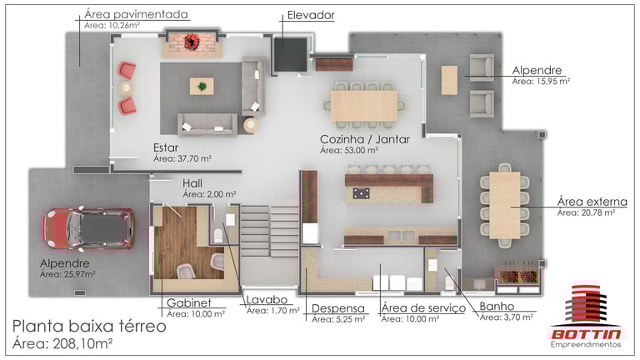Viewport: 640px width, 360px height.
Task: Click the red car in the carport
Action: pos(89,228)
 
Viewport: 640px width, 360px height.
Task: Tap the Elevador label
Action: pos(311,16)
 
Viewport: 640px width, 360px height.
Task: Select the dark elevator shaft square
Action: pos(290,54)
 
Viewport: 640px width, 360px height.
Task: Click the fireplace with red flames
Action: pos(192,42)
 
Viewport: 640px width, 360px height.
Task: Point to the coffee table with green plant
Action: pos(202,86)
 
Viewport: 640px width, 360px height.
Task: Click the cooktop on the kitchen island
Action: pos(361,193)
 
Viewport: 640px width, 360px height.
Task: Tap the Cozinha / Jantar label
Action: pos(365,139)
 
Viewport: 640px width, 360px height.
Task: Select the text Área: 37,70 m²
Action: pos(182,158)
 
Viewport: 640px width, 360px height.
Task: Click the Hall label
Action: pos(192,183)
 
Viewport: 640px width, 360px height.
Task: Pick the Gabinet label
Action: pos(189,302)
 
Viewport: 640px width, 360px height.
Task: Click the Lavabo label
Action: pos(267,300)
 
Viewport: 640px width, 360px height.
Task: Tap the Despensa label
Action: pos(338,308)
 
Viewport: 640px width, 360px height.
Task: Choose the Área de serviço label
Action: pos(423,308)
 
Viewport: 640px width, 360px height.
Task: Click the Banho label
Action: pos(497,306)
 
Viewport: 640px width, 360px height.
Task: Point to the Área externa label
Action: pos(592,202)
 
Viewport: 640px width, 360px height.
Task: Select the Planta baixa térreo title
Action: pos(89,327)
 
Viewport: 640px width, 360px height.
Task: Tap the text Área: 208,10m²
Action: pos(62,343)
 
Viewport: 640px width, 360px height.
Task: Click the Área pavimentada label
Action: pos(136,15)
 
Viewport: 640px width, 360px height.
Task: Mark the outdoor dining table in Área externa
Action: pos(505,205)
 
